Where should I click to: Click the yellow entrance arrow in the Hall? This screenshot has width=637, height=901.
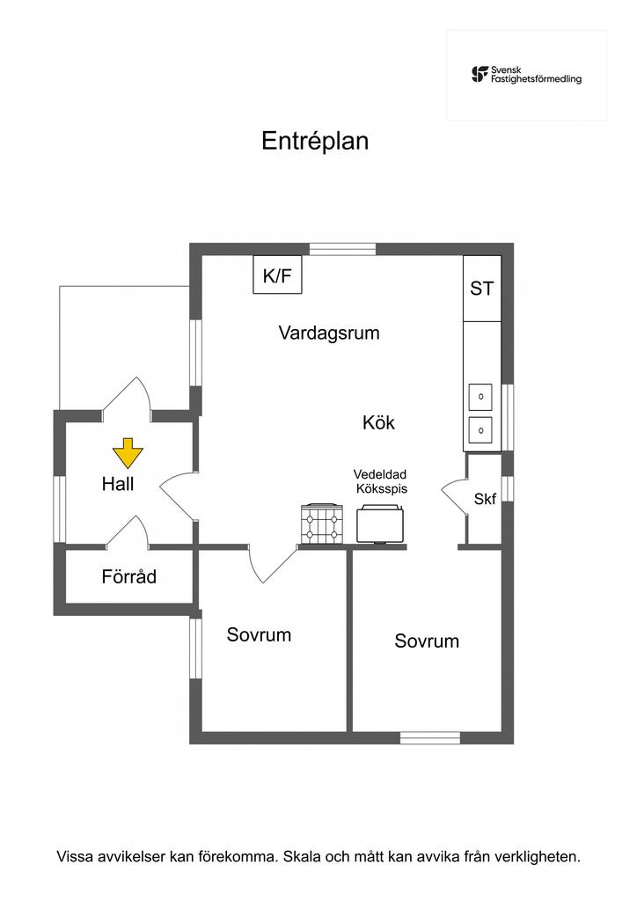128,452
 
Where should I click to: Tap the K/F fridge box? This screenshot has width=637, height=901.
277,275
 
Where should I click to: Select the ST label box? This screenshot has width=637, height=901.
481,288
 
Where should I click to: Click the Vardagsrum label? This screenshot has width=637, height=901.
329,333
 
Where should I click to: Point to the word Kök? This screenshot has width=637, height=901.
378,422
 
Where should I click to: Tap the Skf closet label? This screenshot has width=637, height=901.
485,499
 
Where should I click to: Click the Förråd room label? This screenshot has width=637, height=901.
128,577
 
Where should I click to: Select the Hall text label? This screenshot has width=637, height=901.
118,483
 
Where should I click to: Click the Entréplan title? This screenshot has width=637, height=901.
315,141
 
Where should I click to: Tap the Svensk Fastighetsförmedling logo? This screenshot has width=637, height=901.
526,74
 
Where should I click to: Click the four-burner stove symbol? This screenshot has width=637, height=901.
321,525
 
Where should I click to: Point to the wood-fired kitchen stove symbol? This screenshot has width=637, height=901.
380,524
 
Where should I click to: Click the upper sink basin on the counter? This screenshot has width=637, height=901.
480,398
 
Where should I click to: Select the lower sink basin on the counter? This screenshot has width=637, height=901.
480,430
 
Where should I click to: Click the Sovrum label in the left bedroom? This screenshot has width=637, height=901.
259,634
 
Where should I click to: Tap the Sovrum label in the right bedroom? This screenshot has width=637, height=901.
427,641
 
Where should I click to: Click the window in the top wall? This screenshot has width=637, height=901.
343,249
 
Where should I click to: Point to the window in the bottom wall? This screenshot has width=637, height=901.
430,737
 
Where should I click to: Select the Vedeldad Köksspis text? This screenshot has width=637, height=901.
380,481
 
